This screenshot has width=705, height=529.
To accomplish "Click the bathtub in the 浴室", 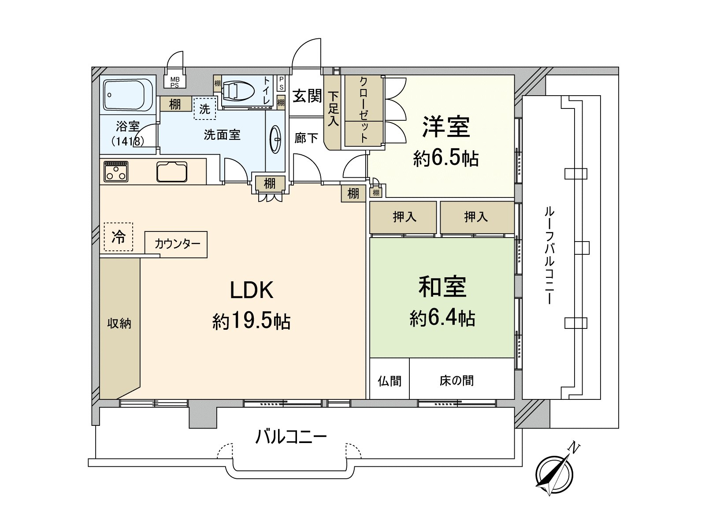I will tap(127, 95).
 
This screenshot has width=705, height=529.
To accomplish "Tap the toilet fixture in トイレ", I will tap(238, 91).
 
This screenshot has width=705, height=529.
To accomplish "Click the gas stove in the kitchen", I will tap(116, 171).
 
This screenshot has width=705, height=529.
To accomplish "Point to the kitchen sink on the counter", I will tap(171, 172).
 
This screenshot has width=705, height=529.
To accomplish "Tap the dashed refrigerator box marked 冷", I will tap(119, 237).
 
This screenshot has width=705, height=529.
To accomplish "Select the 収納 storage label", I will tap(119, 324).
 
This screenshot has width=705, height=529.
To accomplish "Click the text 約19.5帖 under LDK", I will tap(251, 321).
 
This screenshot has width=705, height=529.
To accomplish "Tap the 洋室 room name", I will tap(446, 127).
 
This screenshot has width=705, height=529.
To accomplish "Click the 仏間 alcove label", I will tap(390, 380).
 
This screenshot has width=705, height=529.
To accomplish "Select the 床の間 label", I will tap(456, 380).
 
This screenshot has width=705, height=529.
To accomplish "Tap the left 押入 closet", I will tap(404, 217).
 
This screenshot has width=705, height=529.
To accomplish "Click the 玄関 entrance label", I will tap(307, 96).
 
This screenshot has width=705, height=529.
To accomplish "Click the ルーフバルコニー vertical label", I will tap(549, 256).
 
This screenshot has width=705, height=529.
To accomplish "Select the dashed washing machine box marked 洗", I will tap(205, 108).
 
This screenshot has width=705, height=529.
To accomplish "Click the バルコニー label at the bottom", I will tap(291, 437).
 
